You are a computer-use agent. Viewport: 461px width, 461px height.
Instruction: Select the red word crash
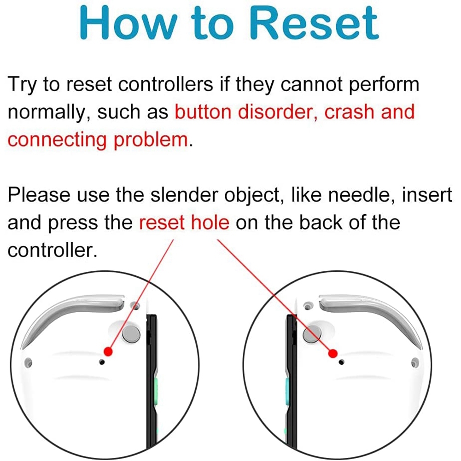pos(349,112)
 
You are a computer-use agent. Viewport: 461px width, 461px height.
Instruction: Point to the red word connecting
pos(57,140)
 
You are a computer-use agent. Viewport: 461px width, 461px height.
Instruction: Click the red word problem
pos(151,140)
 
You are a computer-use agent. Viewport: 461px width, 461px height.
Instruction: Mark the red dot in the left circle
pos(108,351)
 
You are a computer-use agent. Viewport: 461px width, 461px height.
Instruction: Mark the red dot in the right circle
pos(333,353)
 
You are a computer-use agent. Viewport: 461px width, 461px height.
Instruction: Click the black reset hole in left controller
pos(102,362)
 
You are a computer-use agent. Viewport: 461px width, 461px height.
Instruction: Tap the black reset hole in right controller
pos(341,362)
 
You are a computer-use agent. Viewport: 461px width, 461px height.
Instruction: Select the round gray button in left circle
pos(131,334)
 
